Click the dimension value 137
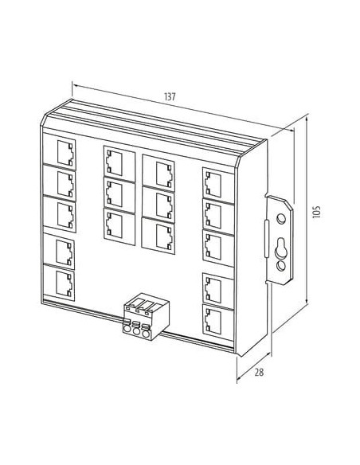click(x=170, y=96)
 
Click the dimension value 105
click(x=317, y=212)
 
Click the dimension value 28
click(x=259, y=372)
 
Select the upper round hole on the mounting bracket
click(x=281, y=219)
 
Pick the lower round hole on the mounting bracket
click(x=281, y=265)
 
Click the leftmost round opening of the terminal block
click(x=127, y=329)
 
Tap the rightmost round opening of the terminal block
click(x=145, y=334)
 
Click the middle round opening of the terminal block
click(x=136, y=331)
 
